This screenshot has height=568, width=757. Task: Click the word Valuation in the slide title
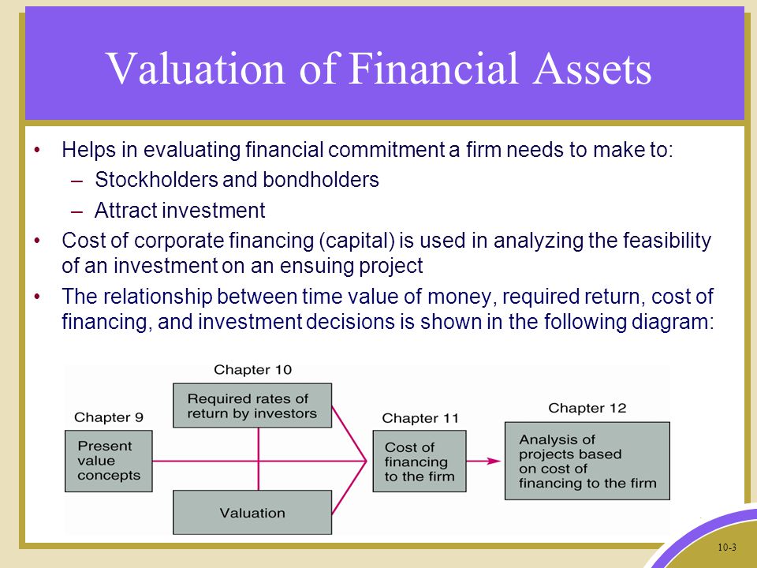pyautogui.click(x=195, y=69)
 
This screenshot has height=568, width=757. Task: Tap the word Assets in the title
pyautogui.click(x=592, y=69)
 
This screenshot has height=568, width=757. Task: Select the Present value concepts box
pyautogui.click(x=109, y=461)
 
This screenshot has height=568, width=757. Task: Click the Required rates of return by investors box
pyautogui.click(x=252, y=405)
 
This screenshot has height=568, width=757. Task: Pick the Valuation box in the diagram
pyautogui.click(x=252, y=513)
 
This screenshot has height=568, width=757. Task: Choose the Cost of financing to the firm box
pyautogui.click(x=420, y=461)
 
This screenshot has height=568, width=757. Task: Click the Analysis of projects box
pyautogui.click(x=587, y=461)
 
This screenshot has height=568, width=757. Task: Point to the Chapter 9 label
pyautogui.click(x=109, y=417)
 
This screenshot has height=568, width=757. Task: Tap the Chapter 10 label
pyautogui.click(x=253, y=370)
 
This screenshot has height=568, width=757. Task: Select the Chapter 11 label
pyautogui.click(x=420, y=418)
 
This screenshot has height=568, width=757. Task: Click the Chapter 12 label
pyautogui.click(x=587, y=408)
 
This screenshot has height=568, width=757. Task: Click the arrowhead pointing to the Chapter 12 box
pyautogui.click(x=494, y=461)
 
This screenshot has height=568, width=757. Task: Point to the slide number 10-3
pyautogui.click(x=727, y=547)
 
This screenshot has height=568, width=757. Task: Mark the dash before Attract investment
pyautogui.click(x=76, y=211)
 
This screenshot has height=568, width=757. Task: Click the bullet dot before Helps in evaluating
pyautogui.click(x=38, y=150)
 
